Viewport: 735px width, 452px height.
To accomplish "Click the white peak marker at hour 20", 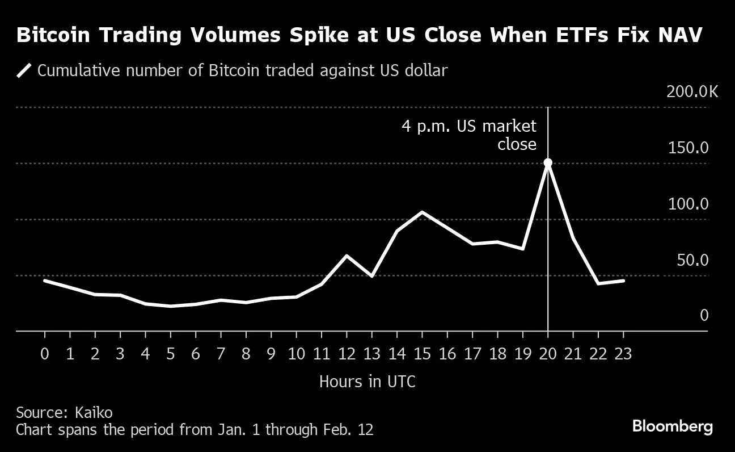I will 548,163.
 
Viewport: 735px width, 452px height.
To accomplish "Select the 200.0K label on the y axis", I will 692,92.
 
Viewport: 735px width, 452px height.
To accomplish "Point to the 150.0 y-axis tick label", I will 688,148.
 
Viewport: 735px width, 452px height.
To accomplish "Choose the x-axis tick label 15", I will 422,354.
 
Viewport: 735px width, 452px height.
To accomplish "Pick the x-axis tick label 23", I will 623,354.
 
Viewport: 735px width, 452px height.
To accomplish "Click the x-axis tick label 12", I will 347,354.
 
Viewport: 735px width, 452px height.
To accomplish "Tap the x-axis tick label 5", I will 170,354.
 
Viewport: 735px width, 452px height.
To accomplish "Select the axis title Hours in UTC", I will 367,382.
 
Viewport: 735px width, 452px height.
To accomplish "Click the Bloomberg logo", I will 672,426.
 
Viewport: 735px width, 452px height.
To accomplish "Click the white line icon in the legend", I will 24,71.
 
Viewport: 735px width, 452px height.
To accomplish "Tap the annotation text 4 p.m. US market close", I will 469,135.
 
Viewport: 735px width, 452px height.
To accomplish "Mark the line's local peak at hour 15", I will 422,212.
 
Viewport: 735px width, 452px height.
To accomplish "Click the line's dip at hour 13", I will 371,276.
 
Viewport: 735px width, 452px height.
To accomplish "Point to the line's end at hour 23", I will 623,281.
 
